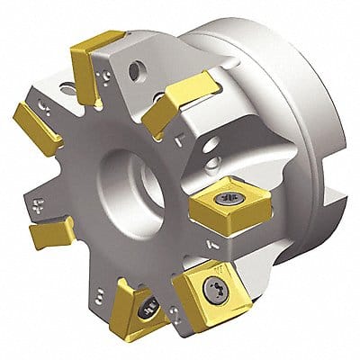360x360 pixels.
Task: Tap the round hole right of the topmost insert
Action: [x=139, y=67]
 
